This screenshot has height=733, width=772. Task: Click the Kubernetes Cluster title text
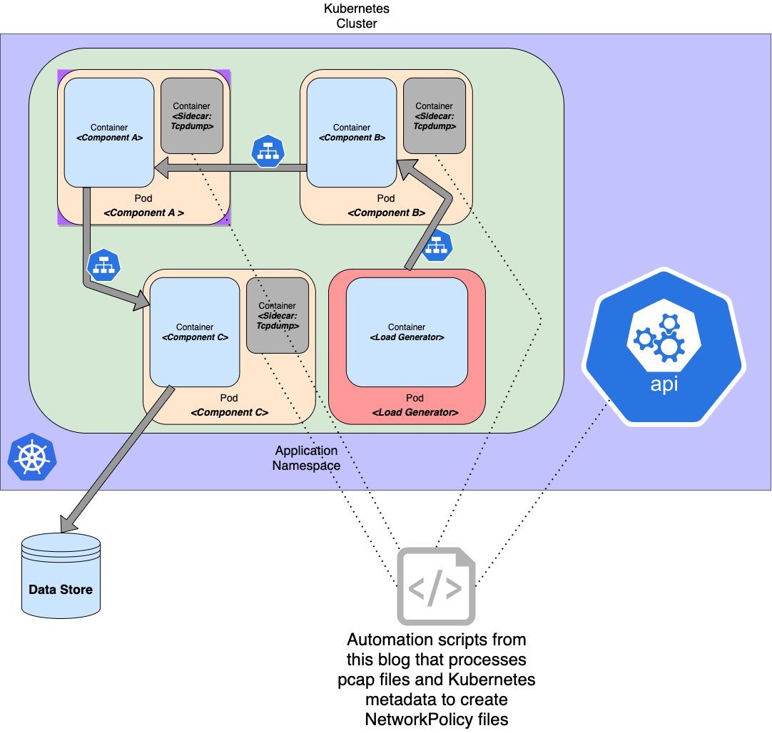pyautogui.click(x=357, y=16)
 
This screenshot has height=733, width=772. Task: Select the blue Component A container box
pyautogui.click(x=109, y=133)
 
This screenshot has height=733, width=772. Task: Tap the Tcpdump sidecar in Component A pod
pyautogui.click(x=191, y=116)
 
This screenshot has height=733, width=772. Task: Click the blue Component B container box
pyautogui.click(x=352, y=133)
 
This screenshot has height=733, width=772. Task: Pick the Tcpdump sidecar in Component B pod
pyautogui.click(x=434, y=116)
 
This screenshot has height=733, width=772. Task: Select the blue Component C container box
pyautogui.click(x=195, y=332)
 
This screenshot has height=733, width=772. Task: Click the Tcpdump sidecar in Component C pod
pyautogui.click(x=277, y=315)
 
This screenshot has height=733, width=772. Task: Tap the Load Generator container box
pyautogui.click(x=407, y=332)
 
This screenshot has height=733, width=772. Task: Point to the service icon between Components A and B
pyautogui.click(x=268, y=151)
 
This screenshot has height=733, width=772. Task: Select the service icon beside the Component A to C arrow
pyautogui.click(x=103, y=265)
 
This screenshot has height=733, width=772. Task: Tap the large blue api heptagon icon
pyautogui.click(x=664, y=347)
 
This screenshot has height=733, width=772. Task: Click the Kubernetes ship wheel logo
pyautogui.click(x=31, y=456)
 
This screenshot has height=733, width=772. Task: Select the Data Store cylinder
pyautogui.click(x=61, y=575)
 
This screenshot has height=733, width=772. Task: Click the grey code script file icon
pyautogui.click(x=435, y=586)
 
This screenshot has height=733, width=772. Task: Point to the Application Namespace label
pyautogui.click(x=306, y=458)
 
